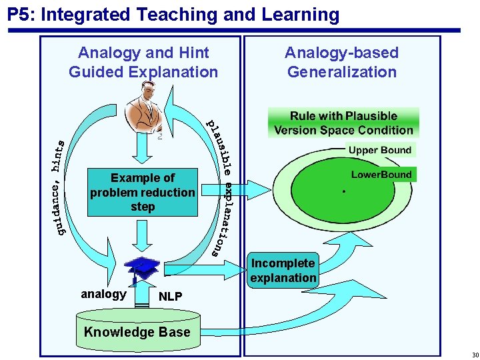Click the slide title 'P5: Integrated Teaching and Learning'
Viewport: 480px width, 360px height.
pyautogui.click(x=173, y=14)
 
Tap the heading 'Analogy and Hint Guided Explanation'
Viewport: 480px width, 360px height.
pyautogui.click(x=143, y=62)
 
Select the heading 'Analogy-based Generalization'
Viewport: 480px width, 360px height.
pyautogui.click(x=341, y=62)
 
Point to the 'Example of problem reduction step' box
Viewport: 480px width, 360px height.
pyautogui.click(x=143, y=192)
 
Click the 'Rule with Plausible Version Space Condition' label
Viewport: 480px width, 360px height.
pyautogui.click(x=343, y=123)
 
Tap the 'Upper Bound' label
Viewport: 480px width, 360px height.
pyautogui.click(x=379, y=150)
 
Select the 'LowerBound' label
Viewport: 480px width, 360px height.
pyautogui.click(x=381, y=175)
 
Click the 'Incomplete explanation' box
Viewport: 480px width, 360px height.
pyautogui.click(x=283, y=271)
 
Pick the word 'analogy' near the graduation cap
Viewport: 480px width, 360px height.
pyautogui.click(x=103, y=294)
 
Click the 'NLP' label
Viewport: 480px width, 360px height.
pyautogui.click(x=171, y=297)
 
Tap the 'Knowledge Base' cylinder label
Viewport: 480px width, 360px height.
pyautogui.click(x=137, y=332)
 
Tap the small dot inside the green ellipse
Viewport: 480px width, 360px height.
pyautogui.click(x=343, y=191)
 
